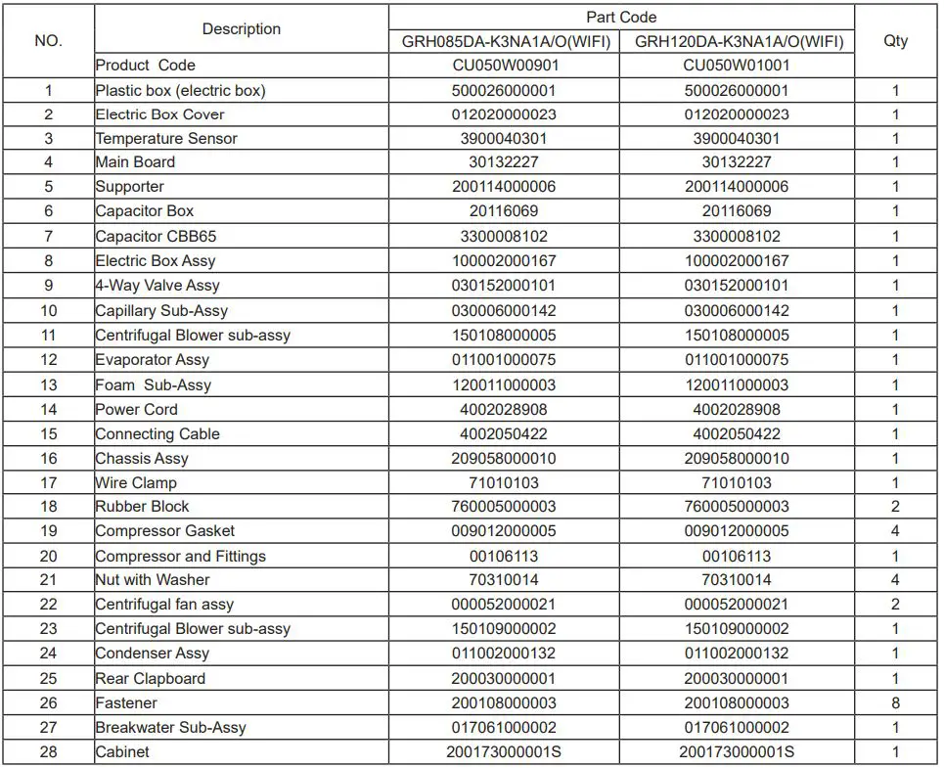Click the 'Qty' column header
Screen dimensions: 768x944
tap(895, 41)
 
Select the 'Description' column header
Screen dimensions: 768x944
tap(242, 29)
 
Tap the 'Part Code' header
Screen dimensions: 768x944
tap(621, 18)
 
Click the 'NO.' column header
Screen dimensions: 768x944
tap(48, 41)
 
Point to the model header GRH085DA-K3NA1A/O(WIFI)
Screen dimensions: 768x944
tap(505, 42)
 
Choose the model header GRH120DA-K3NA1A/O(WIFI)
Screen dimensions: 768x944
tap(738, 42)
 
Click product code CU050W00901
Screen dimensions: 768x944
tap(505, 66)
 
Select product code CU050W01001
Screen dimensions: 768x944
tap(738, 66)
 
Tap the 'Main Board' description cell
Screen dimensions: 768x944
tap(135, 162)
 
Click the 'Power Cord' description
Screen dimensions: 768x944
tap(136, 410)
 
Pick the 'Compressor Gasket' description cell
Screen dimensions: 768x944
tap(164, 531)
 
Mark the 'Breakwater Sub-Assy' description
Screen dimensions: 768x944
tap(170, 728)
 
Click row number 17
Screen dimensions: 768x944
tap(48, 482)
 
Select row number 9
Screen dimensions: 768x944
tap(48, 286)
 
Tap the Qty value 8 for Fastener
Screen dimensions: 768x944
tap(895, 703)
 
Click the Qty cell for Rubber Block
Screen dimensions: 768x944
tap(895, 507)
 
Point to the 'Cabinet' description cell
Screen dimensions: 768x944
tap(122, 752)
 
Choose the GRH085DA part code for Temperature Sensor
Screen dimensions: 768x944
tap(505, 139)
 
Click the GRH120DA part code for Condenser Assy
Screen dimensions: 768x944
tap(738, 654)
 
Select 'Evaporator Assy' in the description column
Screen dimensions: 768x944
tap(152, 360)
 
